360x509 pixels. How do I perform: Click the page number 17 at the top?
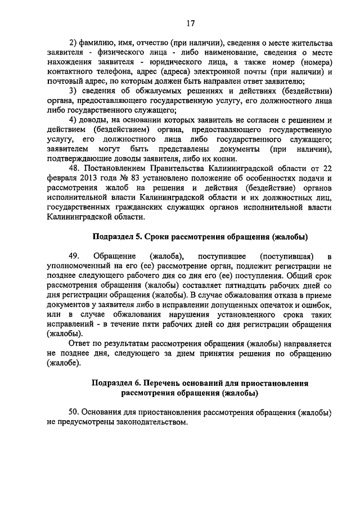pos(190,23)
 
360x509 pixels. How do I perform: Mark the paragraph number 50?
pos(74,412)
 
